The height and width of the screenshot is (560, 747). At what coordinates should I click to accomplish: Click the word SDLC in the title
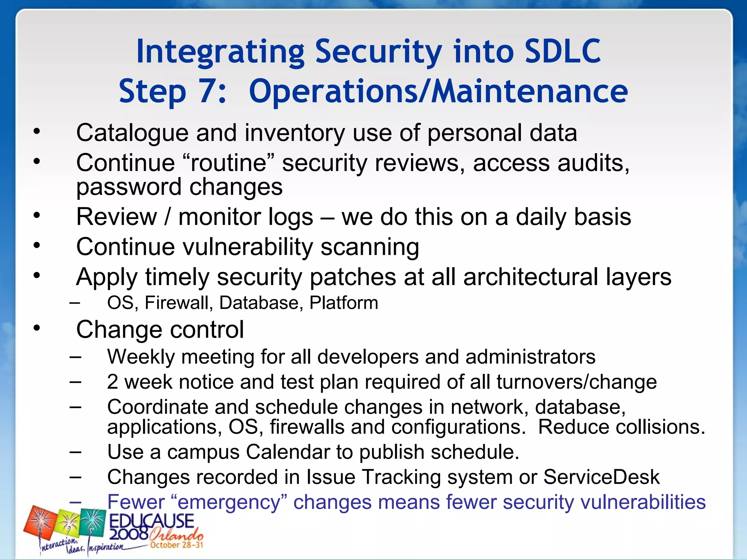562,52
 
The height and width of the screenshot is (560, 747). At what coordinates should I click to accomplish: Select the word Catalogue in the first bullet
132,133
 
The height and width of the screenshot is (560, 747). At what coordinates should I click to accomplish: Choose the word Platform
344,303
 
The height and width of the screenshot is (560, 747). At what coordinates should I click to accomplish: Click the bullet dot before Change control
36,328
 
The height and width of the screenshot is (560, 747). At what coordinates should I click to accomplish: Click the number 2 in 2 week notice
112,382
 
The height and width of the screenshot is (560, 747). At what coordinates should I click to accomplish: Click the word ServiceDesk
601,477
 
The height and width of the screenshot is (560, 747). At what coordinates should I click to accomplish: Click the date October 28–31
177,545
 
